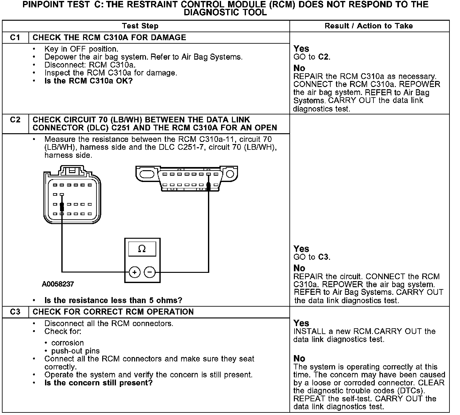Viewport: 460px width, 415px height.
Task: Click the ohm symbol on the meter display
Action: [x=142, y=249]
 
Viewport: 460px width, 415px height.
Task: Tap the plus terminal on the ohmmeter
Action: [x=134, y=272]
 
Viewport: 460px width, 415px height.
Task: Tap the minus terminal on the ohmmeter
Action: [x=150, y=272]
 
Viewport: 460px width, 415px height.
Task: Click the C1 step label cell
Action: [x=15, y=38]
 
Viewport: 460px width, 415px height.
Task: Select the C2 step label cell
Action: [x=15, y=120]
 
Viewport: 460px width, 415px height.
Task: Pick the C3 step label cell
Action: [x=15, y=312]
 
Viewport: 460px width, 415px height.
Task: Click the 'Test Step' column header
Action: [x=140, y=26]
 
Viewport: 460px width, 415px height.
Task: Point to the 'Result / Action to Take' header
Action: [x=369, y=26]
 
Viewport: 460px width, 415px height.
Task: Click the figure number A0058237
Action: [x=58, y=284]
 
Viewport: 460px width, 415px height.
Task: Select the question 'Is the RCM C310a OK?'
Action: [x=88, y=81]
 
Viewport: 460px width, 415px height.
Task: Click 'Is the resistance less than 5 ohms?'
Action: [x=113, y=300]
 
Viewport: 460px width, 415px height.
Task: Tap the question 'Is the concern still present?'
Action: [x=99, y=382]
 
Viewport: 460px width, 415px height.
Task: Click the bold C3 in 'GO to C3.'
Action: [x=324, y=257]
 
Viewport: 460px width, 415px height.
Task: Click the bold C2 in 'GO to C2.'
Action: [x=324, y=57]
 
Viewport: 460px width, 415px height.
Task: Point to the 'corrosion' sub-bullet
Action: [x=67, y=343]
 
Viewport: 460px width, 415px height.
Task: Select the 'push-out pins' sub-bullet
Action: [x=75, y=351]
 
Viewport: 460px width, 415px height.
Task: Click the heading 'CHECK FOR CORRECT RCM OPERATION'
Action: [x=113, y=312]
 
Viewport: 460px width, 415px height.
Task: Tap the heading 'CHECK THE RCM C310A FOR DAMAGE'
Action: [x=109, y=38]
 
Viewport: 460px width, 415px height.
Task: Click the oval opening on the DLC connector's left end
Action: [x=147, y=174]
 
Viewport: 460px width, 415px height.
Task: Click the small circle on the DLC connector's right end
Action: [x=230, y=174]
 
